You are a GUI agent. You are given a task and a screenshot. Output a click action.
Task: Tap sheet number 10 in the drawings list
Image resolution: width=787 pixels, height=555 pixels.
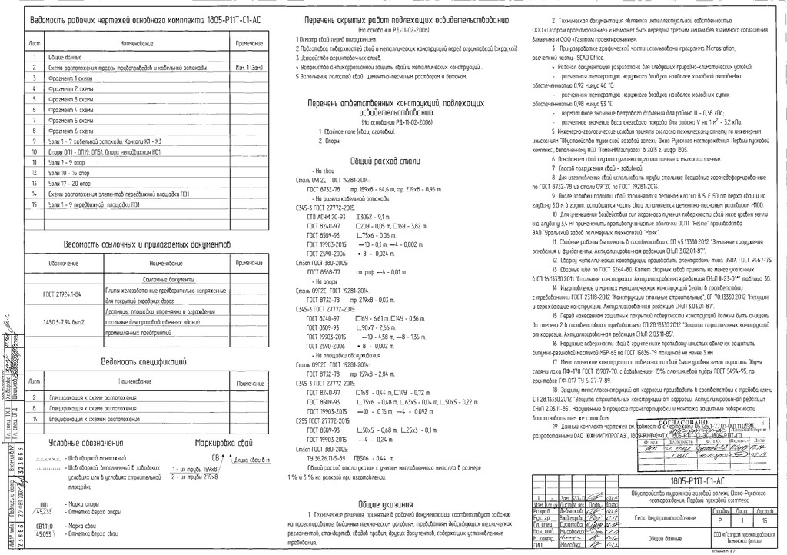[35, 152]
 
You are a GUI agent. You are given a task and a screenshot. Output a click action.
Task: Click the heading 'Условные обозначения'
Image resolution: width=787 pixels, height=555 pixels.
[86, 443]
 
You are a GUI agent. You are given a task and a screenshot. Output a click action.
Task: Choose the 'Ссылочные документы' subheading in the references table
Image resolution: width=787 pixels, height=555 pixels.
[154, 279]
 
